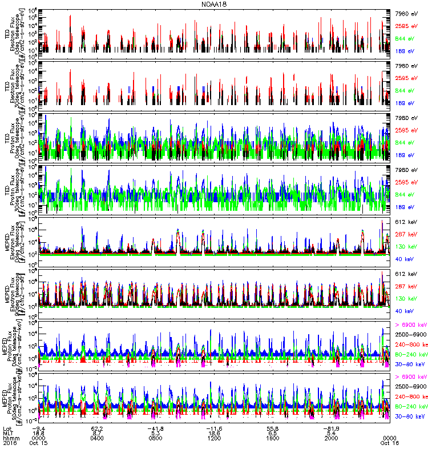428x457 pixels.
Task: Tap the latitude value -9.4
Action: tap(38, 428)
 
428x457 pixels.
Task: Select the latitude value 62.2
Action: tap(96, 428)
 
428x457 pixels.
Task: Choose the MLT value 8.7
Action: tap(96, 433)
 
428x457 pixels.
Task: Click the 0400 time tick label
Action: tap(96, 438)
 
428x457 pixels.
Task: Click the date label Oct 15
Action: tap(38, 443)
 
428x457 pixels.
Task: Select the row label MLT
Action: tap(8, 433)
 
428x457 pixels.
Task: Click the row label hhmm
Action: tap(10, 438)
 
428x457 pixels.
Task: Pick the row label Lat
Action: tap(7, 428)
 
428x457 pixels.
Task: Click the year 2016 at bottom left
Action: tap(9, 443)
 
